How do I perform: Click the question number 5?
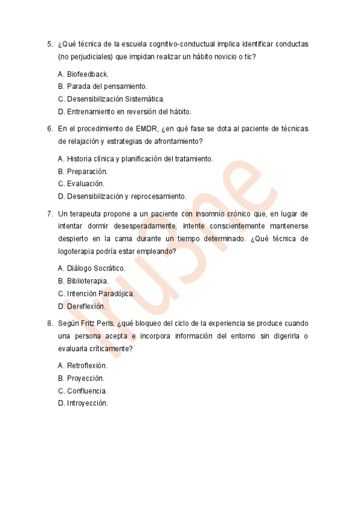(x=49, y=44)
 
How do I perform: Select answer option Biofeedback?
(x=83, y=74)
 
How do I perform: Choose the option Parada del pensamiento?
(x=103, y=86)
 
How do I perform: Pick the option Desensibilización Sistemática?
(x=111, y=99)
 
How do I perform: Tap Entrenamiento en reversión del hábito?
(x=125, y=112)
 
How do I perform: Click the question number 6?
(x=49, y=128)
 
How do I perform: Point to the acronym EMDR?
(x=147, y=128)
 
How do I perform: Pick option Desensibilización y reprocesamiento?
(x=122, y=196)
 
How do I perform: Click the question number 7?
(x=49, y=213)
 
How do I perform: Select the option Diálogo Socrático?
(x=92, y=268)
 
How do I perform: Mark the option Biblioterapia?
(x=83, y=281)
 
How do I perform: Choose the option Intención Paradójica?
(x=96, y=294)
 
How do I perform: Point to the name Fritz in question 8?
(x=99, y=323)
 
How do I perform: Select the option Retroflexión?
(x=83, y=366)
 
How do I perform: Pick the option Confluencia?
(x=82, y=391)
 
